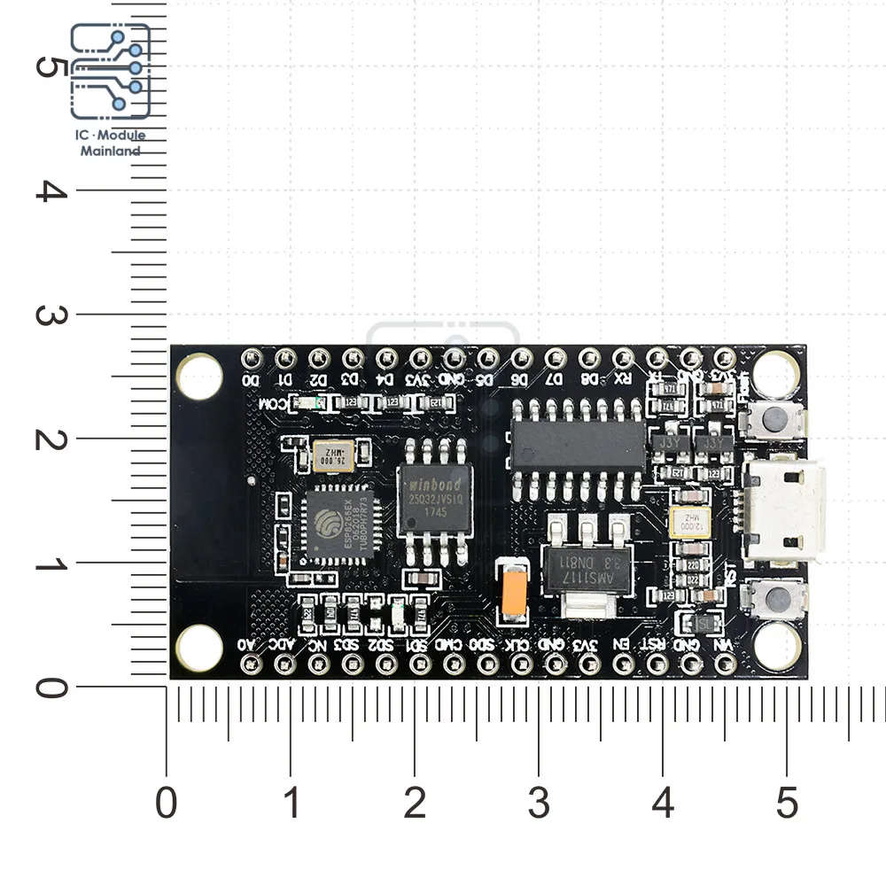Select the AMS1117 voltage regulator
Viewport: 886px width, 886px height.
coord(579,561)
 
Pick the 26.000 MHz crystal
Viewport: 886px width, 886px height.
coord(332,455)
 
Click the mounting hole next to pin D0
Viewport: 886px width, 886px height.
coord(199,375)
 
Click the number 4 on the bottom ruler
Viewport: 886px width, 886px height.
coord(663,804)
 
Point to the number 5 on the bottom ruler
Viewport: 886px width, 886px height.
coord(787,804)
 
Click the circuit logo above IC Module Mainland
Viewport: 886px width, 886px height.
coord(111,71)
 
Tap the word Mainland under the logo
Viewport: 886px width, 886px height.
coord(111,151)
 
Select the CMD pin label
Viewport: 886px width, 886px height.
coord(452,645)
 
